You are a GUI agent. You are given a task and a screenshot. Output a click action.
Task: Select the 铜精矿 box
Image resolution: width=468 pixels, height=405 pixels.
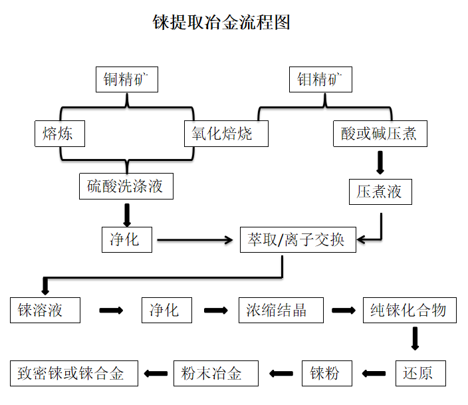(x=126, y=80)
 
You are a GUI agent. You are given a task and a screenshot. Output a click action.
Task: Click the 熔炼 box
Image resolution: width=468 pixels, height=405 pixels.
(x=60, y=134)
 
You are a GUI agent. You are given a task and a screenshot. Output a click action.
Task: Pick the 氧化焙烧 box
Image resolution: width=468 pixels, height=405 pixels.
(x=226, y=134)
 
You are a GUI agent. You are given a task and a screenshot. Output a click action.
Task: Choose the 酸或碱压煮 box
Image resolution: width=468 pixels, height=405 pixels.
(x=380, y=134)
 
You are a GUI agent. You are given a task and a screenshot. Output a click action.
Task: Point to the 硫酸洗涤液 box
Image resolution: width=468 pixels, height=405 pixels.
(x=126, y=186)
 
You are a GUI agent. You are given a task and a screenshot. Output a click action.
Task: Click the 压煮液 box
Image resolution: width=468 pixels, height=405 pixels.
(x=380, y=192)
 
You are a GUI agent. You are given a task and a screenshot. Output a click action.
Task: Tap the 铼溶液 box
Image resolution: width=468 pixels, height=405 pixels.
(x=45, y=311)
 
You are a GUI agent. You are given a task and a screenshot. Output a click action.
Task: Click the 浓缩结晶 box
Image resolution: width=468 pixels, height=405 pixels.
(x=281, y=311)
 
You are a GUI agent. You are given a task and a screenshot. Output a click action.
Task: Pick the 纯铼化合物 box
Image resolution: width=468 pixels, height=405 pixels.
(x=409, y=311)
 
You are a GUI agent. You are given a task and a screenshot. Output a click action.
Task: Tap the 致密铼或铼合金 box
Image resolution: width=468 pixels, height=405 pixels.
(x=74, y=372)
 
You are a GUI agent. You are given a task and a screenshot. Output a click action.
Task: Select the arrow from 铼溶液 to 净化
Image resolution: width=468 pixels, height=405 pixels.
(x=111, y=311)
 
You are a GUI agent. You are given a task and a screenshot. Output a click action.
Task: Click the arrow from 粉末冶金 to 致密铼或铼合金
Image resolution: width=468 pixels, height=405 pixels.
(x=156, y=373)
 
